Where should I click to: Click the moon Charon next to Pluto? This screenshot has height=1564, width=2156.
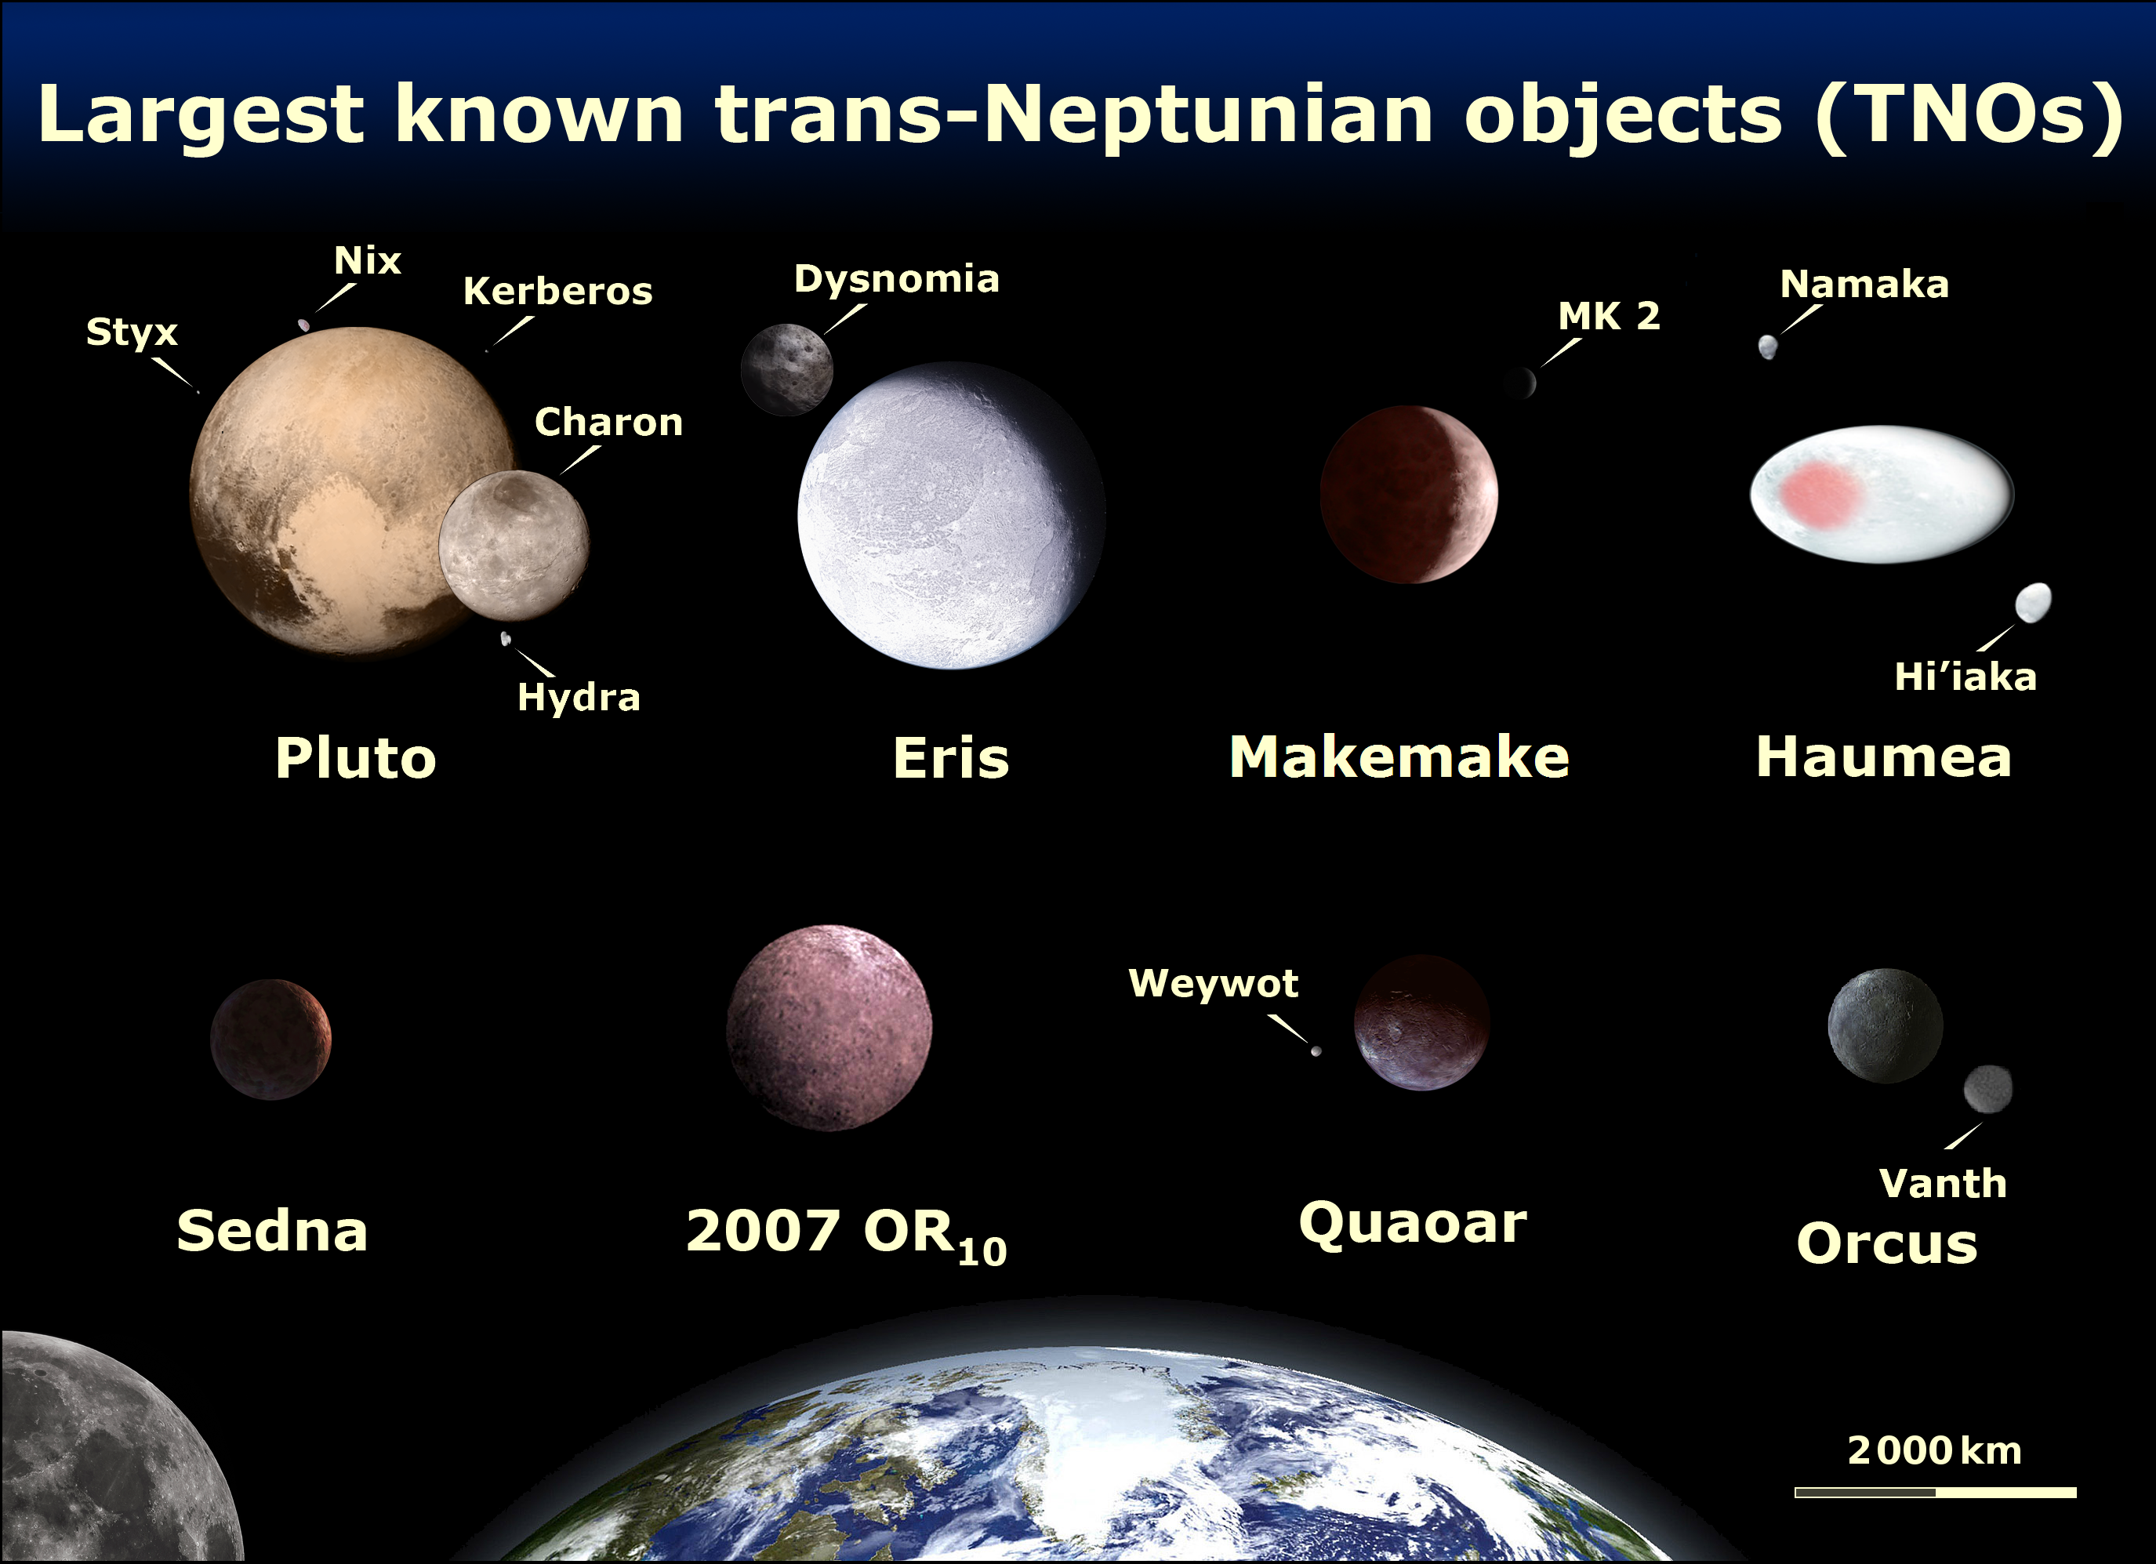pos(514,546)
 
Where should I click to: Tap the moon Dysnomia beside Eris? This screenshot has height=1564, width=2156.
pos(787,370)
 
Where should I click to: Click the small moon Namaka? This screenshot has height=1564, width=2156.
pos(1767,347)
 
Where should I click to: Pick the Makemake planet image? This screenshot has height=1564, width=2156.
pos(1409,495)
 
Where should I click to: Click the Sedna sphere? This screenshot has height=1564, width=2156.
pos(271,1040)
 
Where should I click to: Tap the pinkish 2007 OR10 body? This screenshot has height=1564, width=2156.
pos(829,1028)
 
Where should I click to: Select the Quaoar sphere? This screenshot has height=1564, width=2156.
pos(1421,1022)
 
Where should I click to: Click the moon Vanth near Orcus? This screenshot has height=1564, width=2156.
pos(1987,1089)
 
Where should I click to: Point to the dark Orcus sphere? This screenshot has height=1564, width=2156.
pos(1885,1026)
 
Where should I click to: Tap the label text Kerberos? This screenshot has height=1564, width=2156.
pos(558,291)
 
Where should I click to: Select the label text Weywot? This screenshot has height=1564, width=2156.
pos(1213,982)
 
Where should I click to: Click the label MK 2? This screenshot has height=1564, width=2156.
pos(1609,316)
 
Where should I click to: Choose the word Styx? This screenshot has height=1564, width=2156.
pos(132,332)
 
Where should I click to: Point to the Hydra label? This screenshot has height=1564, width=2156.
pos(579,697)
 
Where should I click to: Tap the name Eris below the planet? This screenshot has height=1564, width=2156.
pos(951,758)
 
